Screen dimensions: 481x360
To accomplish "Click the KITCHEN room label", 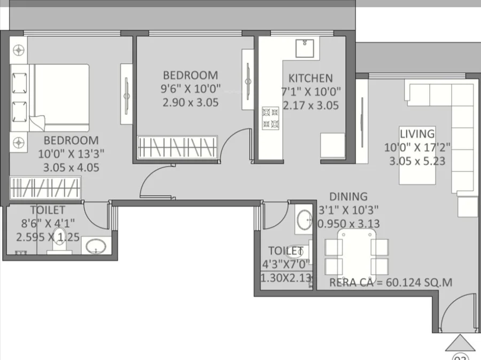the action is click(x=311, y=78).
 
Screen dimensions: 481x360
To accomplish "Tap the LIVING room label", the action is click(x=417, y=134).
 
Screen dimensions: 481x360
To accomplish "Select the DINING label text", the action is click(x=348, y=197).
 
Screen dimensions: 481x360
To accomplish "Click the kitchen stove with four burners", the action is click(x=270, y=119).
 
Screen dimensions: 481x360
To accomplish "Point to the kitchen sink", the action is click(x=305, y=48).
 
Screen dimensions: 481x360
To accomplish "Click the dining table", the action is click(x=357, y=252).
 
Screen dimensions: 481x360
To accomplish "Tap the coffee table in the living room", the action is click(x=417, y=155).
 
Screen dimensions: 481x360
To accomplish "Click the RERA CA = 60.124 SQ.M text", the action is click(x=391, y=283).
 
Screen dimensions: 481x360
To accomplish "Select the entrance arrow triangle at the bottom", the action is click(x=460, y=343).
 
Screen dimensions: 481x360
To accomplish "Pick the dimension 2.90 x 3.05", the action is click(x=190, y=103).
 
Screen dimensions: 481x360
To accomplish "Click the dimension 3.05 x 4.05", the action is click(x=71, y=167).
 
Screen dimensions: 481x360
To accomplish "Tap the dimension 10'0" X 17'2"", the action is click(x=417, y=147).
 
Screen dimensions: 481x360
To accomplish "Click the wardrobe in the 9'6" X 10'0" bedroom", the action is click(x=177, y=147).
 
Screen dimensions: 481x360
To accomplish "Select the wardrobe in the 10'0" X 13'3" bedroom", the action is click(x=45, y=187).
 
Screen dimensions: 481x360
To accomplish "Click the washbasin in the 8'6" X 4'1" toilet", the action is click(x=96, y=246).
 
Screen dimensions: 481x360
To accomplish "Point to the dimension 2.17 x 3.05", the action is click(x=311, y=105).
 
